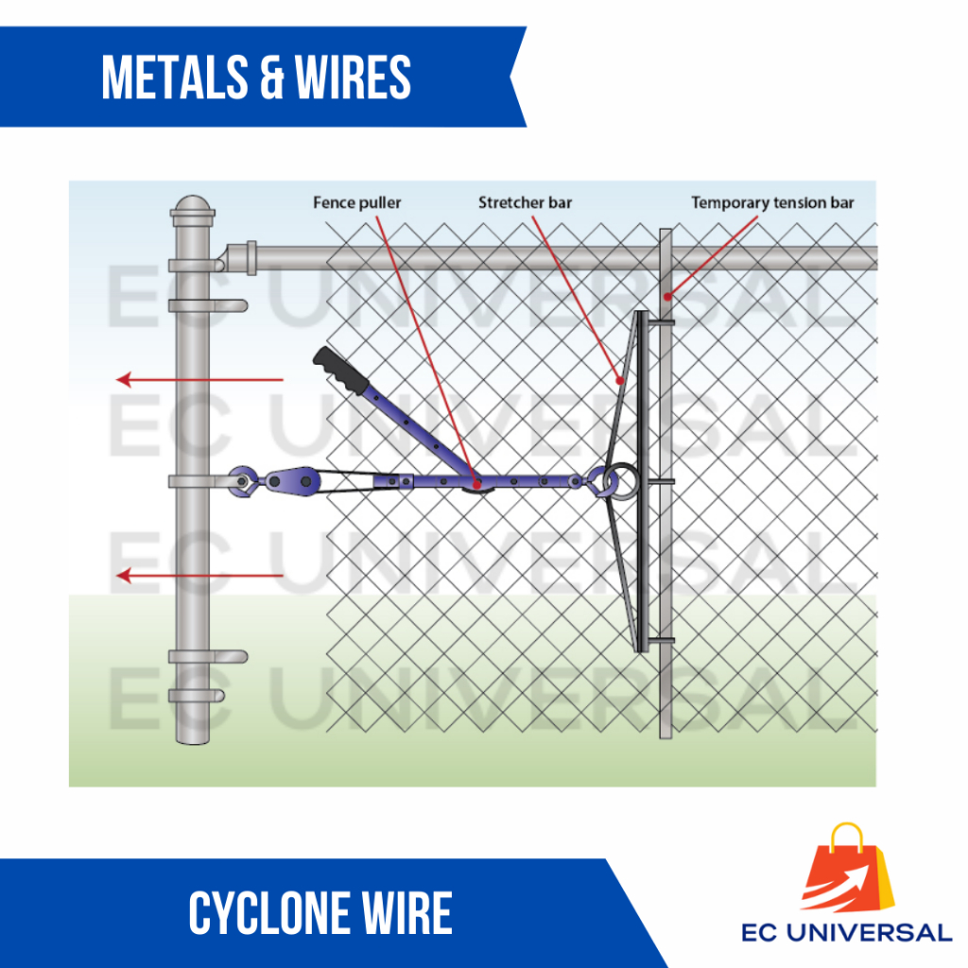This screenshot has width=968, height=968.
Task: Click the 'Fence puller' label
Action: (357, 202)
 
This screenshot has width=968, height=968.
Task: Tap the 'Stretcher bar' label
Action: (525, 202)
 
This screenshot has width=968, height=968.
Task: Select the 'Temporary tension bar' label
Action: (771, 202)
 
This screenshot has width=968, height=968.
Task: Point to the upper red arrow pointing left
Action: (199, 380)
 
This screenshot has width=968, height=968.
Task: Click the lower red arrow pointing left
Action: (199, 575)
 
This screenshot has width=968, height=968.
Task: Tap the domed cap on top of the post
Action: (192, 208)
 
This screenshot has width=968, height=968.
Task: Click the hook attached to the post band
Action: (243, 481)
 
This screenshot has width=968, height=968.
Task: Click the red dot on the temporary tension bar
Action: (667, 297)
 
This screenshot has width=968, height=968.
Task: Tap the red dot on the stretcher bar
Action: (620, 380)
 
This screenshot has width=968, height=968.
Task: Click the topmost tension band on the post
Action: (207, 305)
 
